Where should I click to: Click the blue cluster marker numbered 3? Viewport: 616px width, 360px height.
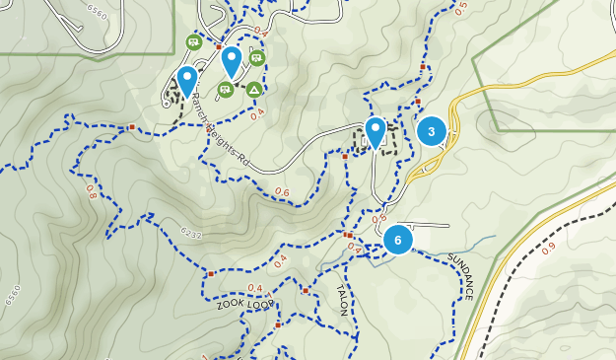click(x=432, y=131)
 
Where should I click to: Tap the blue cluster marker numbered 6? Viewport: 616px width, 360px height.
click(x=398, y=240)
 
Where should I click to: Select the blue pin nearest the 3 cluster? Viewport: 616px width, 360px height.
click(x=376, y=131)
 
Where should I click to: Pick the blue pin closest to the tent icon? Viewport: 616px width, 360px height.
click(x=232, y=60)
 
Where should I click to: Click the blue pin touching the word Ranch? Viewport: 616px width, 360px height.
click(x=186, y=82)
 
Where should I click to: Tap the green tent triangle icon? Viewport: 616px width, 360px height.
click(x=254, y=90)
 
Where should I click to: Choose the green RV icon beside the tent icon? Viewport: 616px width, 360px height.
click(x=226, y=90)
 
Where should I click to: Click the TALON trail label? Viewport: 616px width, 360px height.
click(x=343, y=301)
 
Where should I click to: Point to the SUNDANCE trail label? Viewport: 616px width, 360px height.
click(x=461, y=276)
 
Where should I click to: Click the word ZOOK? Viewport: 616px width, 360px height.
click(x=230, y=307)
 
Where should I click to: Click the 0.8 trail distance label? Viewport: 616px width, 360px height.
click(x=92, y=191)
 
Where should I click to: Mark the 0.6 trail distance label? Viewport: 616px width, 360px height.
click(x=283, y=191)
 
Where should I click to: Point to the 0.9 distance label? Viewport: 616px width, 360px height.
click(x=548, y=248)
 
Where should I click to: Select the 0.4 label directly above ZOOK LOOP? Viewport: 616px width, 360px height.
click(x=255, y=288)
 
